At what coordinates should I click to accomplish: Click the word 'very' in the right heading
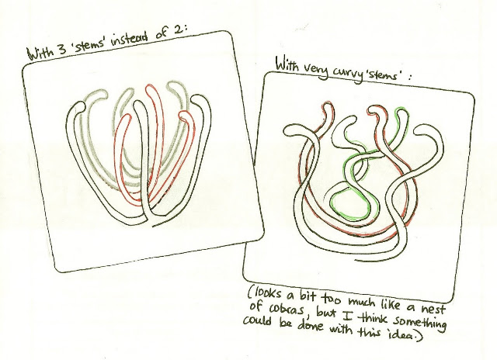coord(314,70)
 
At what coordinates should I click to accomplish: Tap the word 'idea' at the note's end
coord(403,335)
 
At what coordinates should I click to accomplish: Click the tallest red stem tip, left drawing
coord(150,88)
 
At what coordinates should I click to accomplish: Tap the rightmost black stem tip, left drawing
coord(197,99)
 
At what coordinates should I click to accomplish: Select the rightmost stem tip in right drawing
coord(422,130)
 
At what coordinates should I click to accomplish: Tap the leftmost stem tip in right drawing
coord(289,130)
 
